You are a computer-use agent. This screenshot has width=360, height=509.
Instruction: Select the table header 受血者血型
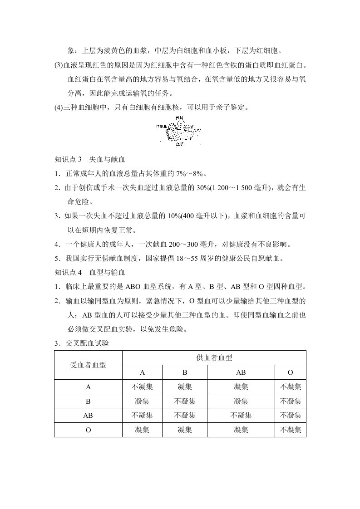[x=88, y=365]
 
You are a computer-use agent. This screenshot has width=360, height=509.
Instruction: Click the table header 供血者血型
[x=214, y=357]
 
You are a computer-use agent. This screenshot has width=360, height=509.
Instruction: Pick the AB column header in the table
[x=241, y=372]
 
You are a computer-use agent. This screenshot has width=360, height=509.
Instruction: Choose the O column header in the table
[x=291, y=372]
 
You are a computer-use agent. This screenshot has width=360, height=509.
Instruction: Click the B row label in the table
[x=88, y=401]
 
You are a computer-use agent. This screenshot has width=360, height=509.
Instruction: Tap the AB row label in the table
[x=88, y=416]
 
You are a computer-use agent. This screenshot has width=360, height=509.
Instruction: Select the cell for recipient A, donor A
[x=142, y=387]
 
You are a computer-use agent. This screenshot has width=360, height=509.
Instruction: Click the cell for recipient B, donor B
[x=185, y=401]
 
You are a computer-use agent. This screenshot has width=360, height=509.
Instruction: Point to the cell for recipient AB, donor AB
[x=241, y=416]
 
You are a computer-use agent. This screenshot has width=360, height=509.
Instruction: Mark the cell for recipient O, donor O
[x=291, y=430]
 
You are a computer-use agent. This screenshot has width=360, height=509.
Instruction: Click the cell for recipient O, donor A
[x=142, y=430]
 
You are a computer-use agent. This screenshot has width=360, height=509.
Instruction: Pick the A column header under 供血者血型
[x=142, y=372]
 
